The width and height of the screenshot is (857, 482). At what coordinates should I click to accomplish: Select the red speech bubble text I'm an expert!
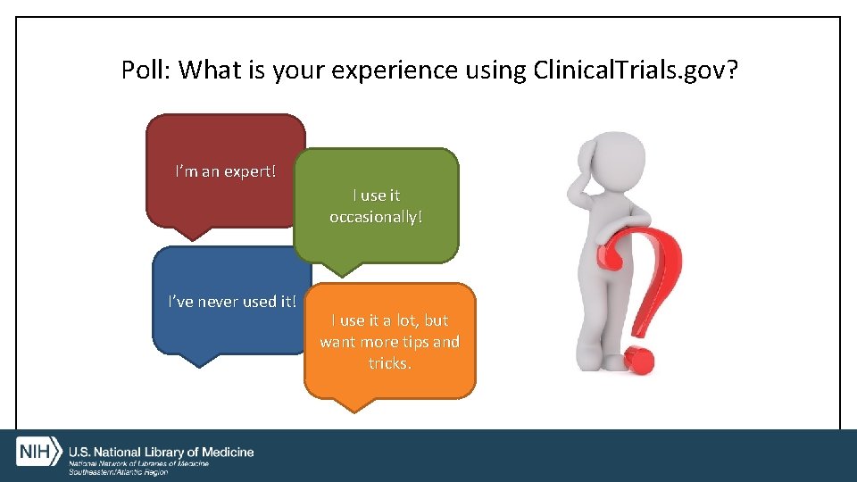coord(225,170)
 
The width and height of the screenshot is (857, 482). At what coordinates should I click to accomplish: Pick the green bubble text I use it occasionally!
coord(376,205)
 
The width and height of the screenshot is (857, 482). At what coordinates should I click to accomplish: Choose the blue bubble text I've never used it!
coord(232,301)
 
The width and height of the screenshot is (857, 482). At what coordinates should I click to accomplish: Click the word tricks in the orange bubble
coord(389,363)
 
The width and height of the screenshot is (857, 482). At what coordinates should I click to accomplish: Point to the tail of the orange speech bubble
coord(355,403)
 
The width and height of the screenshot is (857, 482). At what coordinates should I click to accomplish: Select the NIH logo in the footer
coord(37,451)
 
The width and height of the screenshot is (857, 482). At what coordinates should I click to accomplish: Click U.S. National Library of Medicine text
coord(162,452)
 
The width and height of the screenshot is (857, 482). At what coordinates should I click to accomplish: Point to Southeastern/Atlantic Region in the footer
coord(118,472)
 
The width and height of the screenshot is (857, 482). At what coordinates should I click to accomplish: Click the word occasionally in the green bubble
coord(376,217)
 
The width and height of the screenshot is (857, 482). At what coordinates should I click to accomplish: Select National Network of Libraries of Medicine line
coord(139,464)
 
